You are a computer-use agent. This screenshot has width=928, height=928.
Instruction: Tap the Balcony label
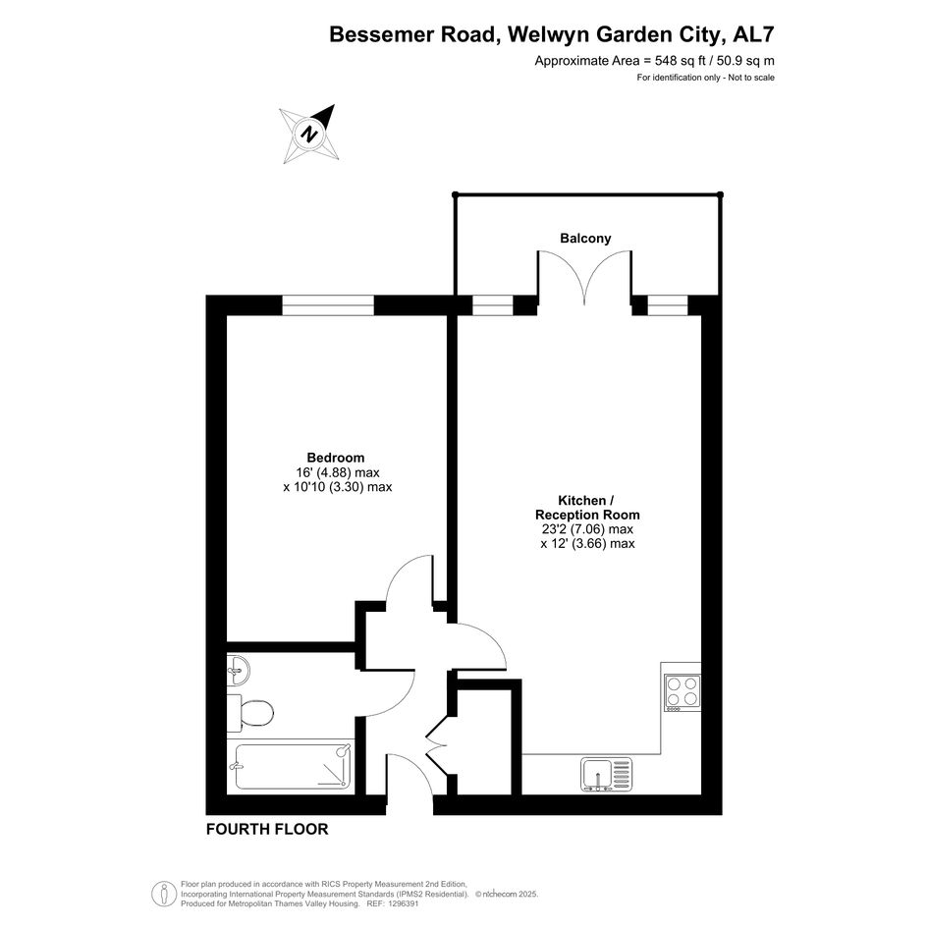pos(585,239)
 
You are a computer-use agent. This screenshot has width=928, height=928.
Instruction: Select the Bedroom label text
pos(336,458)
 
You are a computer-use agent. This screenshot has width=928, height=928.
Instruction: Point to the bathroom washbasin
pos(238,671)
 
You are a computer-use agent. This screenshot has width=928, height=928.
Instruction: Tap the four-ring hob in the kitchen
pos(682,692)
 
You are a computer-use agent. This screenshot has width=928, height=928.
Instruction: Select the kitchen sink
pos(606,775)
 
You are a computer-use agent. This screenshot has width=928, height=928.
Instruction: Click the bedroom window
pos(328,304)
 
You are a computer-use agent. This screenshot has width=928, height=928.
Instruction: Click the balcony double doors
pos(584,278)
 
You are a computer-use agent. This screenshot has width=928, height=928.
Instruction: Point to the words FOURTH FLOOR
pos(267,829)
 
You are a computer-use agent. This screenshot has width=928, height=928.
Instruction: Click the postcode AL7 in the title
pos(753,34)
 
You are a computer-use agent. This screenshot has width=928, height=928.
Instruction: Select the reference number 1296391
pos(402,903)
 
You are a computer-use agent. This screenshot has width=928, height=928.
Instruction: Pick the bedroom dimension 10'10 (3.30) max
pos(338,487)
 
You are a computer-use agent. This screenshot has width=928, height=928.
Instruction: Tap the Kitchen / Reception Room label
pos(587,508)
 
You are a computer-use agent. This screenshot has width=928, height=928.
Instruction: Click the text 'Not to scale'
pos(751,78)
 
